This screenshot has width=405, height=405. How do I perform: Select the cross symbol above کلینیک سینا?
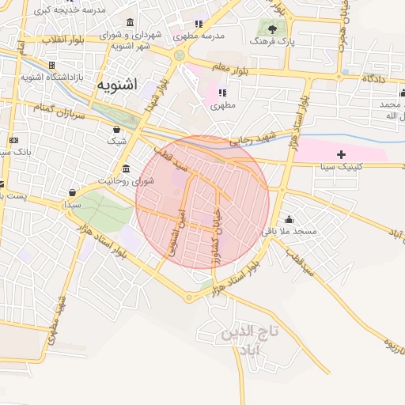[341, 153]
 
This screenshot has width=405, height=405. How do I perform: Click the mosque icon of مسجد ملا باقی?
[289, 219]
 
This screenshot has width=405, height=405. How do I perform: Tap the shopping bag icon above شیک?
[117, 129]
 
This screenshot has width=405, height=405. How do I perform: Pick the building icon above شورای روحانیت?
[127, 169]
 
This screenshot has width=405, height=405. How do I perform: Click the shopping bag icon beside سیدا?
[73, 192]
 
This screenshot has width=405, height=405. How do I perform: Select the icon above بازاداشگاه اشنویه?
[51, 65]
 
